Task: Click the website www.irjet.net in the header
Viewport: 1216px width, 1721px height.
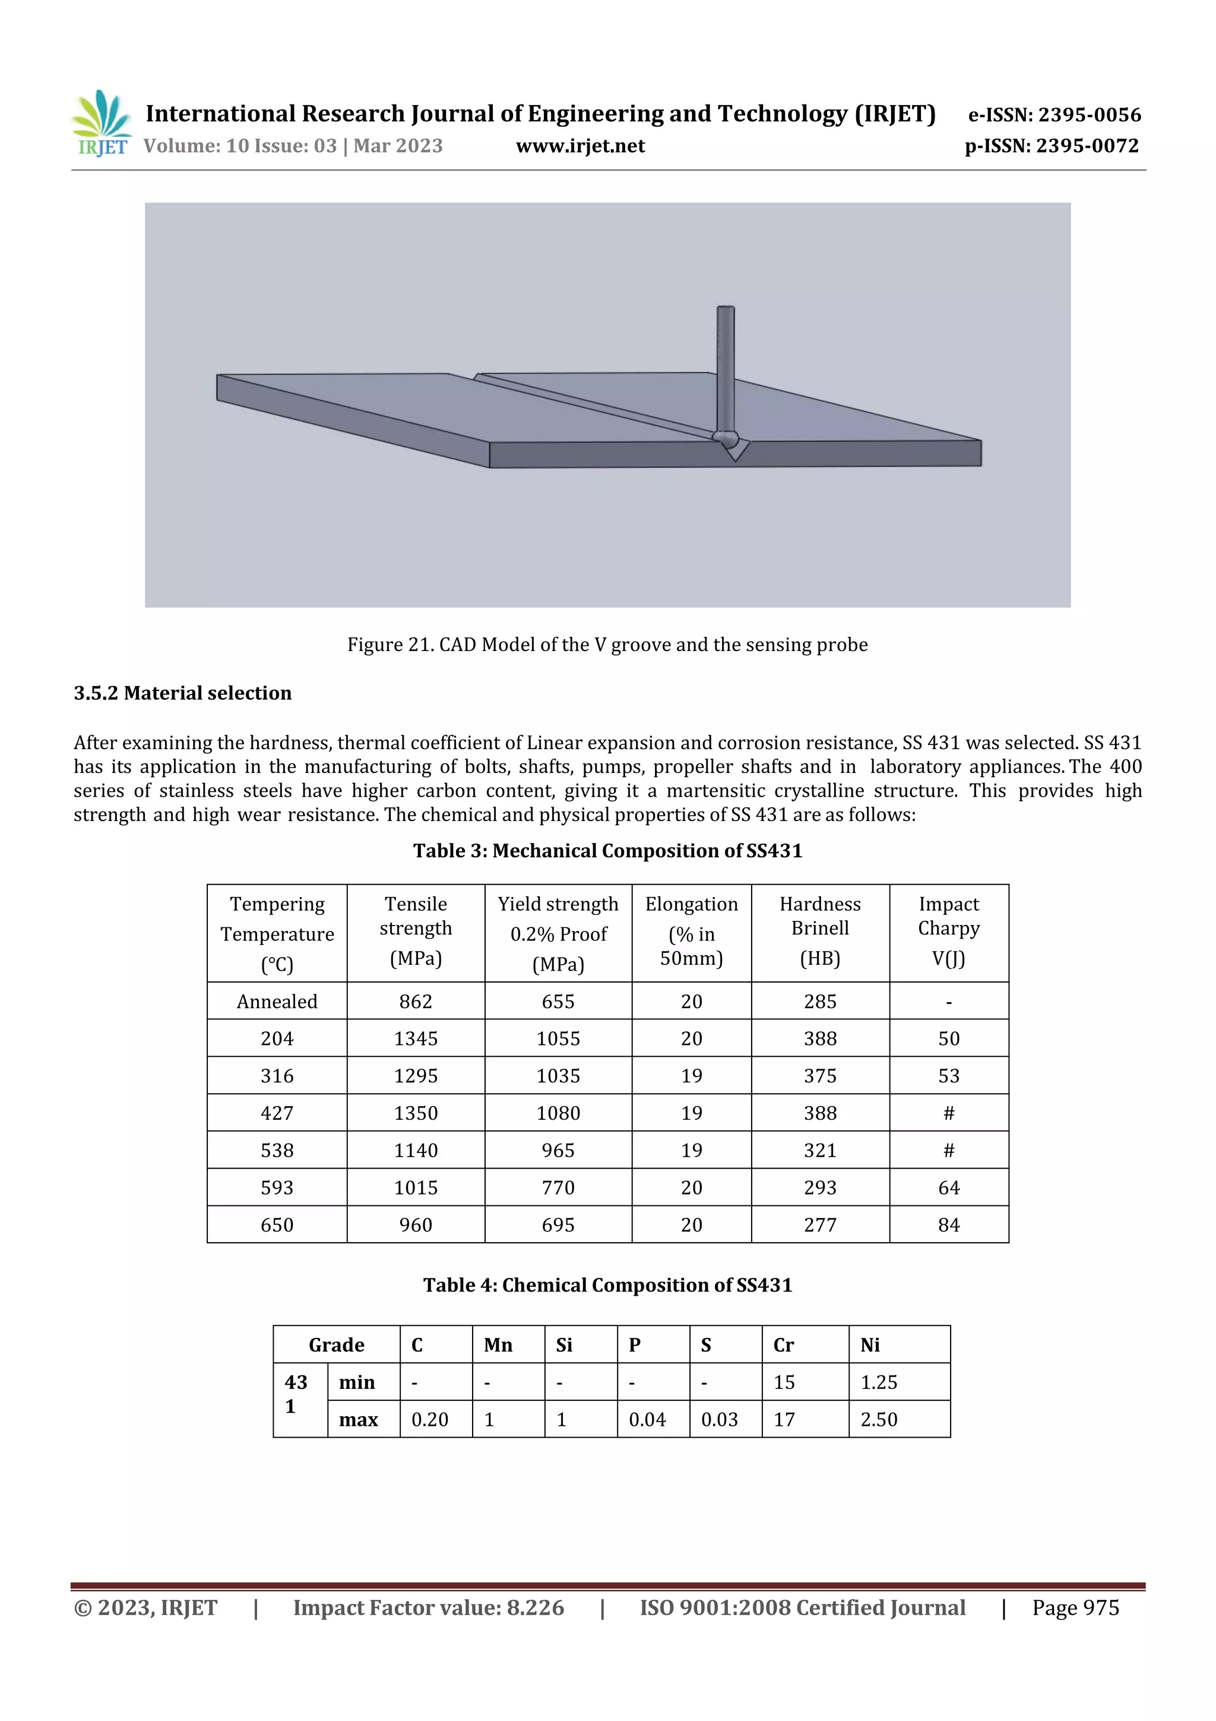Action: [580, 146]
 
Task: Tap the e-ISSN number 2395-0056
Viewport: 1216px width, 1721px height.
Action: [1088, 115]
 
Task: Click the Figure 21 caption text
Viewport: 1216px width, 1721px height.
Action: [607, 645]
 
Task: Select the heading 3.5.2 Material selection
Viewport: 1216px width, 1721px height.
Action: [183, 693]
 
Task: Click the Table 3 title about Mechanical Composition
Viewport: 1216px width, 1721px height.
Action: [607, 851]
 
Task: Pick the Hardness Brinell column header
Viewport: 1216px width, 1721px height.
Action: [819, 931]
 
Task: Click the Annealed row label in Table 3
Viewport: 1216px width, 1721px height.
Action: [277, 1002]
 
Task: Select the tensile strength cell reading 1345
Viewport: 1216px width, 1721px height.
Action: [415, 1039]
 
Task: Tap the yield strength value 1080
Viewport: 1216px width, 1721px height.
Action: [558, 1113]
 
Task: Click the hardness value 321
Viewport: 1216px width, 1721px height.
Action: [819, 1151]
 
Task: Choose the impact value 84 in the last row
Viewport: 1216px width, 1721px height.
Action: [949, 1225]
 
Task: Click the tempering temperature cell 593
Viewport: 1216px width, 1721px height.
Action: [277, 1188]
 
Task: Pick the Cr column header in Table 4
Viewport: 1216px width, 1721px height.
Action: [784, 1345]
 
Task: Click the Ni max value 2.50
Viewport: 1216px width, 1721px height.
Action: [878, 1420]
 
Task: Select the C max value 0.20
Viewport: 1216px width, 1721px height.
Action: [429, 1420]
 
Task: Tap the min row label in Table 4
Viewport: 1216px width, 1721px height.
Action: [357, 1382]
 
